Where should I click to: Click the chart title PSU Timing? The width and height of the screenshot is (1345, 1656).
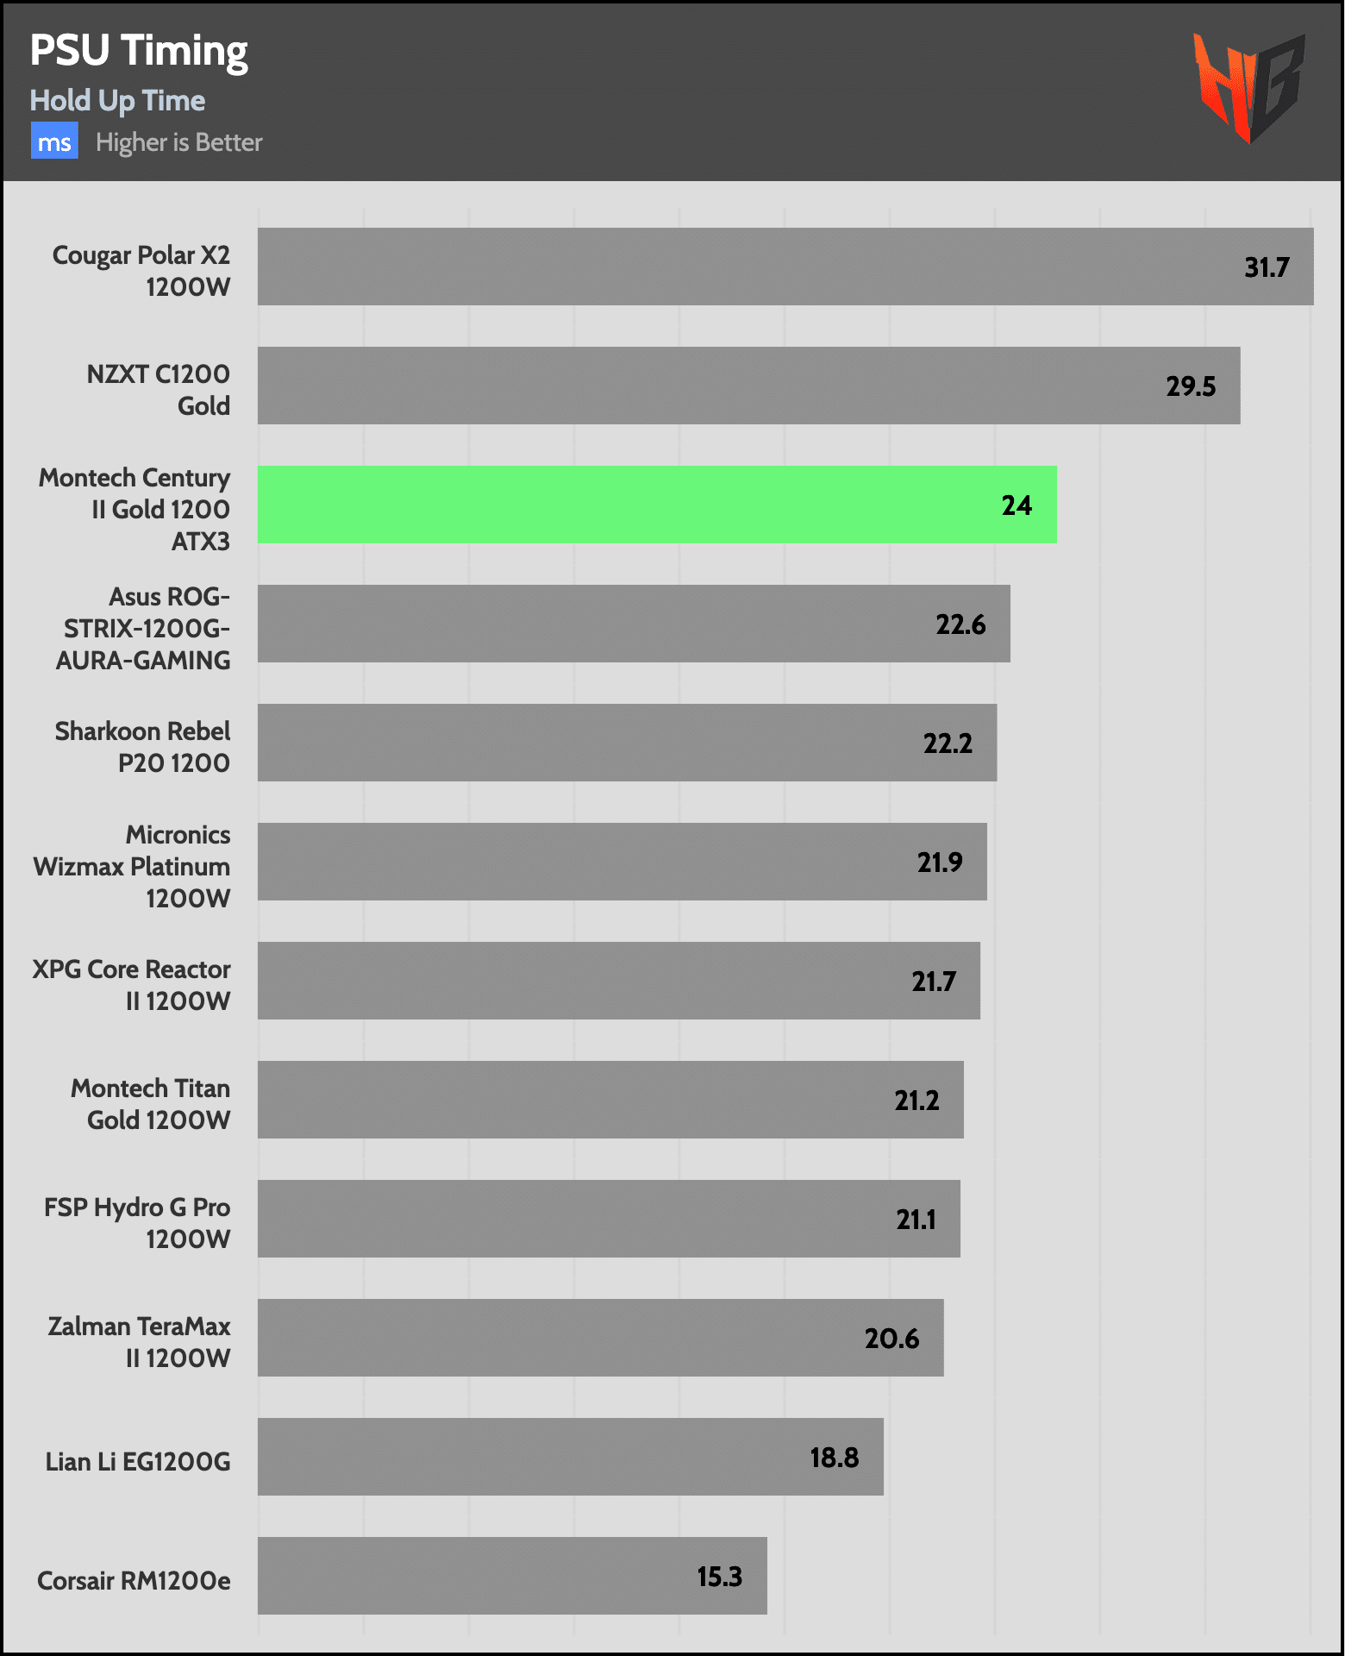139,51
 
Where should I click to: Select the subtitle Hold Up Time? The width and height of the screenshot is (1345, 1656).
117,101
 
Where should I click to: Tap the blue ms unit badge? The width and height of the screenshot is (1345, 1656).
54,141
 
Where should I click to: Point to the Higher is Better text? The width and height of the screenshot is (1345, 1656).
178,142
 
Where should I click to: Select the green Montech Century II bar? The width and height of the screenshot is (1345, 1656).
655,505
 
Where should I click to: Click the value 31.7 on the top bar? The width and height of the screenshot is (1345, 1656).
1266,267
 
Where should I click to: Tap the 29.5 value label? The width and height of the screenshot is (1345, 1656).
1190,386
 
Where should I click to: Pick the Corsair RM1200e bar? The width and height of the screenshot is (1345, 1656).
511,1576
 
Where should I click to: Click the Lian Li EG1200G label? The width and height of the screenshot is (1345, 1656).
138,1461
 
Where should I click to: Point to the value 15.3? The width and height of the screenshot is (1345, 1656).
719,1577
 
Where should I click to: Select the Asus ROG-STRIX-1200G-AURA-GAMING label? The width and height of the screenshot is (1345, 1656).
144,628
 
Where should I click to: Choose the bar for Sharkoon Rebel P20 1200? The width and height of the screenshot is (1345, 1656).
626,743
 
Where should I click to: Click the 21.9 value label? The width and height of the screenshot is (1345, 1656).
939,862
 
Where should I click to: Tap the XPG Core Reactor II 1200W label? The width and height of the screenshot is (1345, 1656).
132,985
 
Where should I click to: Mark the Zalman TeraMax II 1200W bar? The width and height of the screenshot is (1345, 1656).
599,1338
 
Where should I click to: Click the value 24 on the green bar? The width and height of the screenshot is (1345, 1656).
1016,505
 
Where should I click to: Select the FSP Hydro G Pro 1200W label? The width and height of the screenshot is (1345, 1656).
138,1223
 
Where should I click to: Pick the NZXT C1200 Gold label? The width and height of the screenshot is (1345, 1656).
159,390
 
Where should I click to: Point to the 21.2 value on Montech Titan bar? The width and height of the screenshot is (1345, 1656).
916,1101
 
